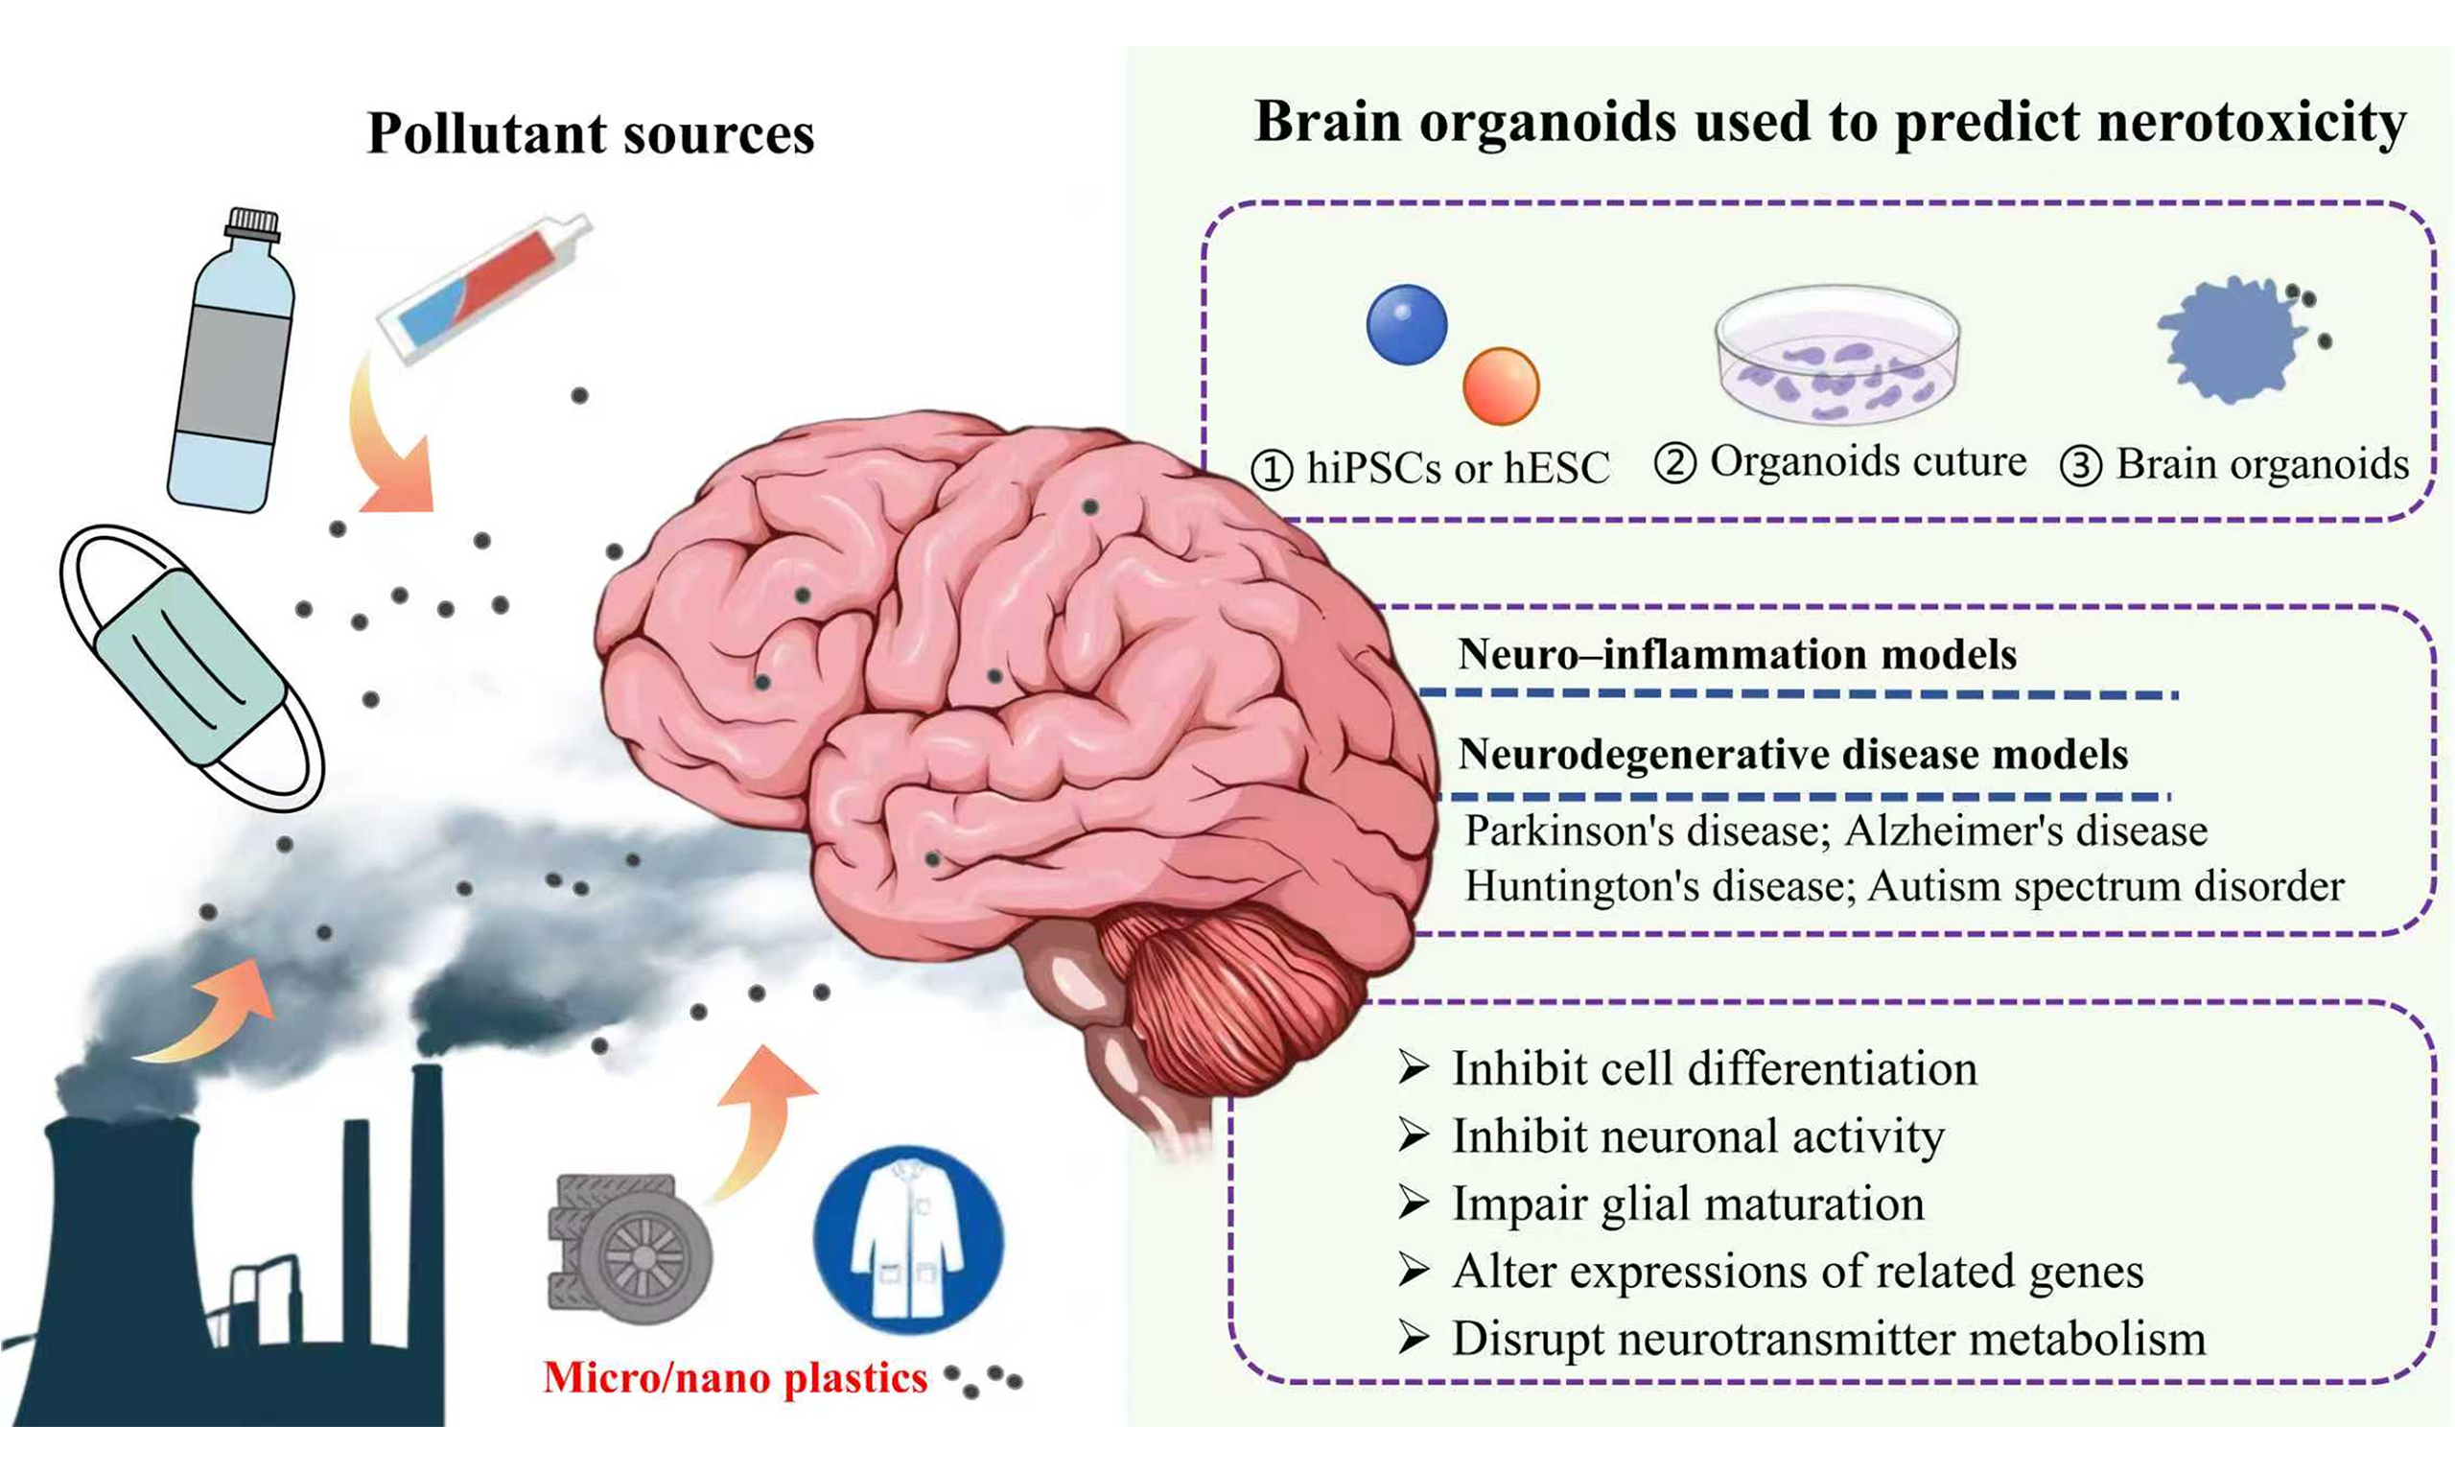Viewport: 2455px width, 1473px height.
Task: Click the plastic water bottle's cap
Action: click(252, 224)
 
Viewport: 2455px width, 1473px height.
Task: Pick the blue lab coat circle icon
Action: click(908, 1241)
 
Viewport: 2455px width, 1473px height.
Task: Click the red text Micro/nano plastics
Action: click(736, 1378)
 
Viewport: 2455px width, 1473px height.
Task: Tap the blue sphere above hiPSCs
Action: click(1406, 324)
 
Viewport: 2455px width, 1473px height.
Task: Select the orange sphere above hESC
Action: click(1501, 386)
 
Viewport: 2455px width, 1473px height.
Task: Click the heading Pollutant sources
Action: click(591, 133)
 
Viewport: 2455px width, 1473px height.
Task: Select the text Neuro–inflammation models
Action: click(1737, 655)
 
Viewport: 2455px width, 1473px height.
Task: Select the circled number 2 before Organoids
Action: click(1675, 464)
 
